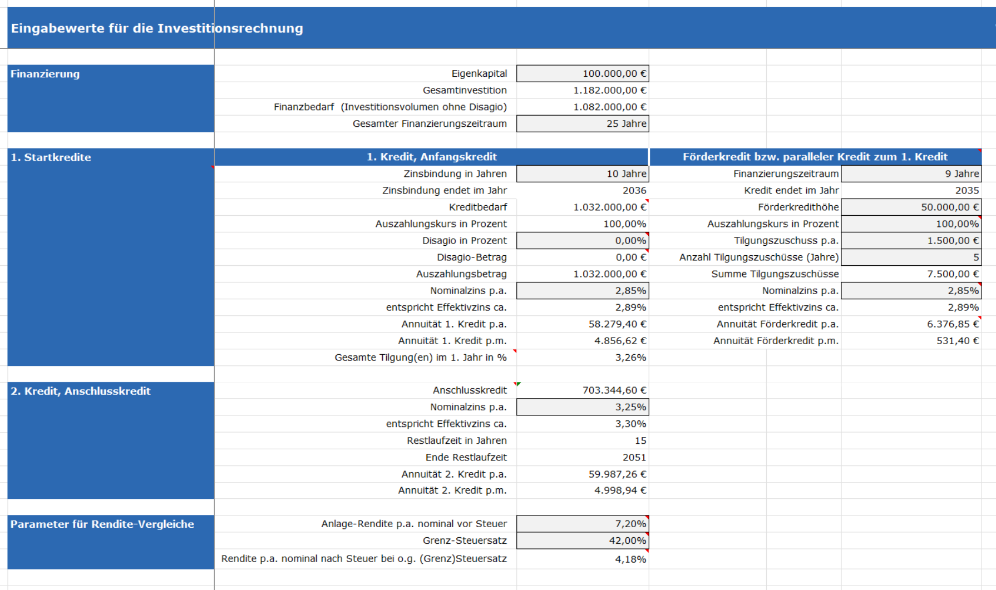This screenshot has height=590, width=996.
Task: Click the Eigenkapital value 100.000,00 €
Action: [614, 73]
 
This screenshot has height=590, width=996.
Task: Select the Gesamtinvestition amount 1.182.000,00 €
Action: [610, 90]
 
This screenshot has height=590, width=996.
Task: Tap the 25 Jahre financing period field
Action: [627, 123]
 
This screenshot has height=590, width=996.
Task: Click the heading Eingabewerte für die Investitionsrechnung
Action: [157, 28]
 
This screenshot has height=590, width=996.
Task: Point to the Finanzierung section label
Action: [45, 74]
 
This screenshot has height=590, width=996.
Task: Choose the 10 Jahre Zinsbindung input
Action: [627, 173]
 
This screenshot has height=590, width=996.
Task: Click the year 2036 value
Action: [634, 190]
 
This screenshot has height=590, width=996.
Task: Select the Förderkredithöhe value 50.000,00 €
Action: [950, 207]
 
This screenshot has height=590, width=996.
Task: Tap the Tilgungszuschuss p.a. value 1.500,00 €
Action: [953, 240]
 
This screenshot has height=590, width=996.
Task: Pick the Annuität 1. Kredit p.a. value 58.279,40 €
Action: [618, 324]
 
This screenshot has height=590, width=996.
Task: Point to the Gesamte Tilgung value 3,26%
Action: [630, 357]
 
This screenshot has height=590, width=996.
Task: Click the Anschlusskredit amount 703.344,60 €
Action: [614, 390]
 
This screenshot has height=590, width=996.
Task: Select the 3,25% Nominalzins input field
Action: [630, 407]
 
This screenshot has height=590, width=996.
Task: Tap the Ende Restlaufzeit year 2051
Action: [634, 457]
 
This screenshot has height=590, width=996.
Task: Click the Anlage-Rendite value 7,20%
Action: [630, 524]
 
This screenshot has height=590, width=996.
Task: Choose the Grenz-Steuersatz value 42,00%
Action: [628, 541]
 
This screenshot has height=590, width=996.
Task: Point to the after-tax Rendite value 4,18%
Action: [630, 559]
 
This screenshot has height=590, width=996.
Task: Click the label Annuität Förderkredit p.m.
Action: [776, 340]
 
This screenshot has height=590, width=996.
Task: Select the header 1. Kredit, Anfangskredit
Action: [432, 157]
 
